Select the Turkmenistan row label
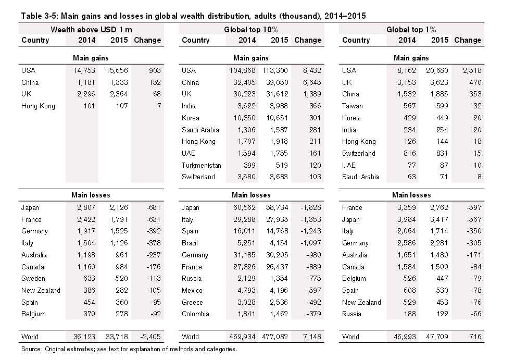point(202,165)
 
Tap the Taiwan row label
point(353,106)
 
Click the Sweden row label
point(33,279)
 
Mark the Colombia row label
point(195,314)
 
